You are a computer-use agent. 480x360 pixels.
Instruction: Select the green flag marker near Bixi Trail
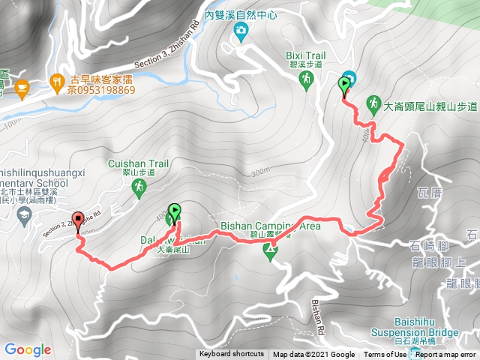tap(346, 85)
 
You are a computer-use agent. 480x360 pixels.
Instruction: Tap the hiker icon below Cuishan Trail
tap(138, 186)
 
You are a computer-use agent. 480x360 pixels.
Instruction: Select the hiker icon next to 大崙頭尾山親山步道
tap(373, 103)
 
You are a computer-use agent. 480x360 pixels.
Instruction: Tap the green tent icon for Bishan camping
tap(270, 253)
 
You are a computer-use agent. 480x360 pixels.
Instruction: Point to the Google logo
tap(27, 349)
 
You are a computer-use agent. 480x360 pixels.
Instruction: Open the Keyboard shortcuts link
tap(231, 355)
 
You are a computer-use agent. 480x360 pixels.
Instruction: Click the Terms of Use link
tap(385, 355)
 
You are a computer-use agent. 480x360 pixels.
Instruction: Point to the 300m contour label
tap(259, 172)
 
